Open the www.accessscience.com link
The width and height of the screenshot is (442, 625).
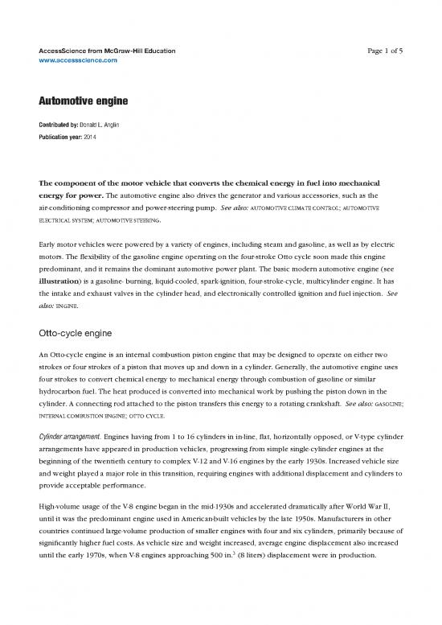(x=78, y=60)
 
